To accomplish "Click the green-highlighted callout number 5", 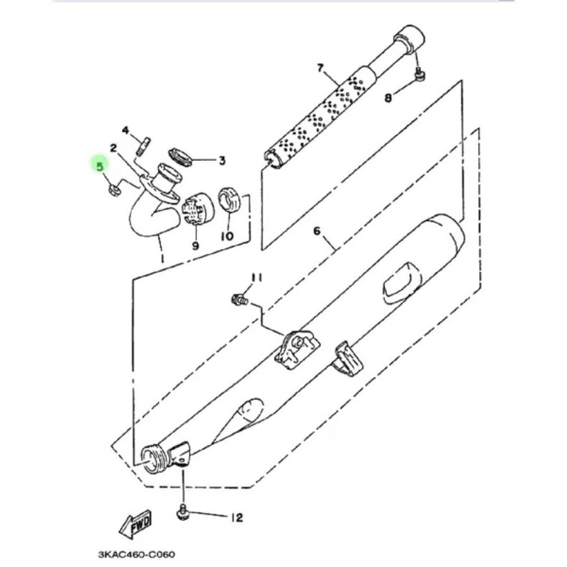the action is click(x=100, y=167).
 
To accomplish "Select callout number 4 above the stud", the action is click(x=125, y=130).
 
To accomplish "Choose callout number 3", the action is click(x=222, y=161).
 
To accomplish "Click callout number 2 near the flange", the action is click(x=114, y=147).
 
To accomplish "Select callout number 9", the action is click(x=196, y=246).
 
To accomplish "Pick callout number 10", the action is click(x=228, y=237).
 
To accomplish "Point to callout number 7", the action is click(x=320, y=68).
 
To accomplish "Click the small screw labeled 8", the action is click(x=420, y=75).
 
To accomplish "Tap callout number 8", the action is click(x=388, y=98).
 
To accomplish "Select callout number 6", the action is click(x=317, y=231).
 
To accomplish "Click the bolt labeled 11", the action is click(x=240, y=299).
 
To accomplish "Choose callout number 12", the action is click(x=237, y=518).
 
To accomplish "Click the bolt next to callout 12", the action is click(x=183, y=512).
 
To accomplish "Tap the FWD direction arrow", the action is click(x=135, y=524).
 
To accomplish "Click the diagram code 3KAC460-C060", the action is click(x=137, y=554).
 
